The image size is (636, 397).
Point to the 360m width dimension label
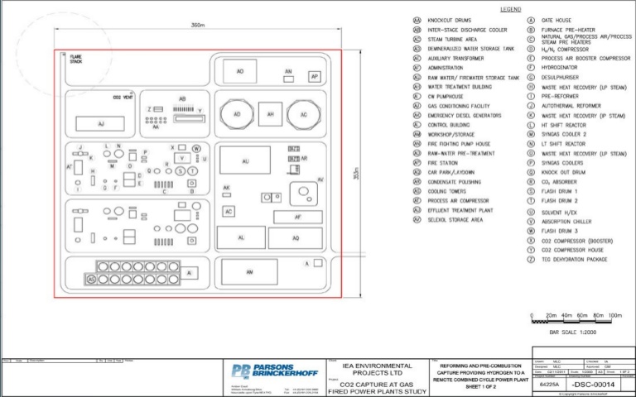pyautogui.click(x=197, y=26)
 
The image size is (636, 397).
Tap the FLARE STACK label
pyautogui.click(x=76, y=60)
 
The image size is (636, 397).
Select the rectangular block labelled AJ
pyautogui.click(x=100, y=123)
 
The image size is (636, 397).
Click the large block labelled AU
pyautogui.click(x=245, y=161)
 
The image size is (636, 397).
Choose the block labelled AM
pyautogui.click(x=249, y=271)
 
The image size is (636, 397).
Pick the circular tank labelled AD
pyautogui.click(x=238, y=114)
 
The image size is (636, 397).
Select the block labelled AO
pyautogui.click(x=239, y=72)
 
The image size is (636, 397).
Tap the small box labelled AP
pyautogui.click(x=314, y=77)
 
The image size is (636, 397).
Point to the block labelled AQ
pyautogui.click(x=295, y=237)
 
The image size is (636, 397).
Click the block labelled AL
pyautogui.click(x=240, y=237)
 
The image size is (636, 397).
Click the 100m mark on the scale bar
pyautogui.click(x=614, y=316)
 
